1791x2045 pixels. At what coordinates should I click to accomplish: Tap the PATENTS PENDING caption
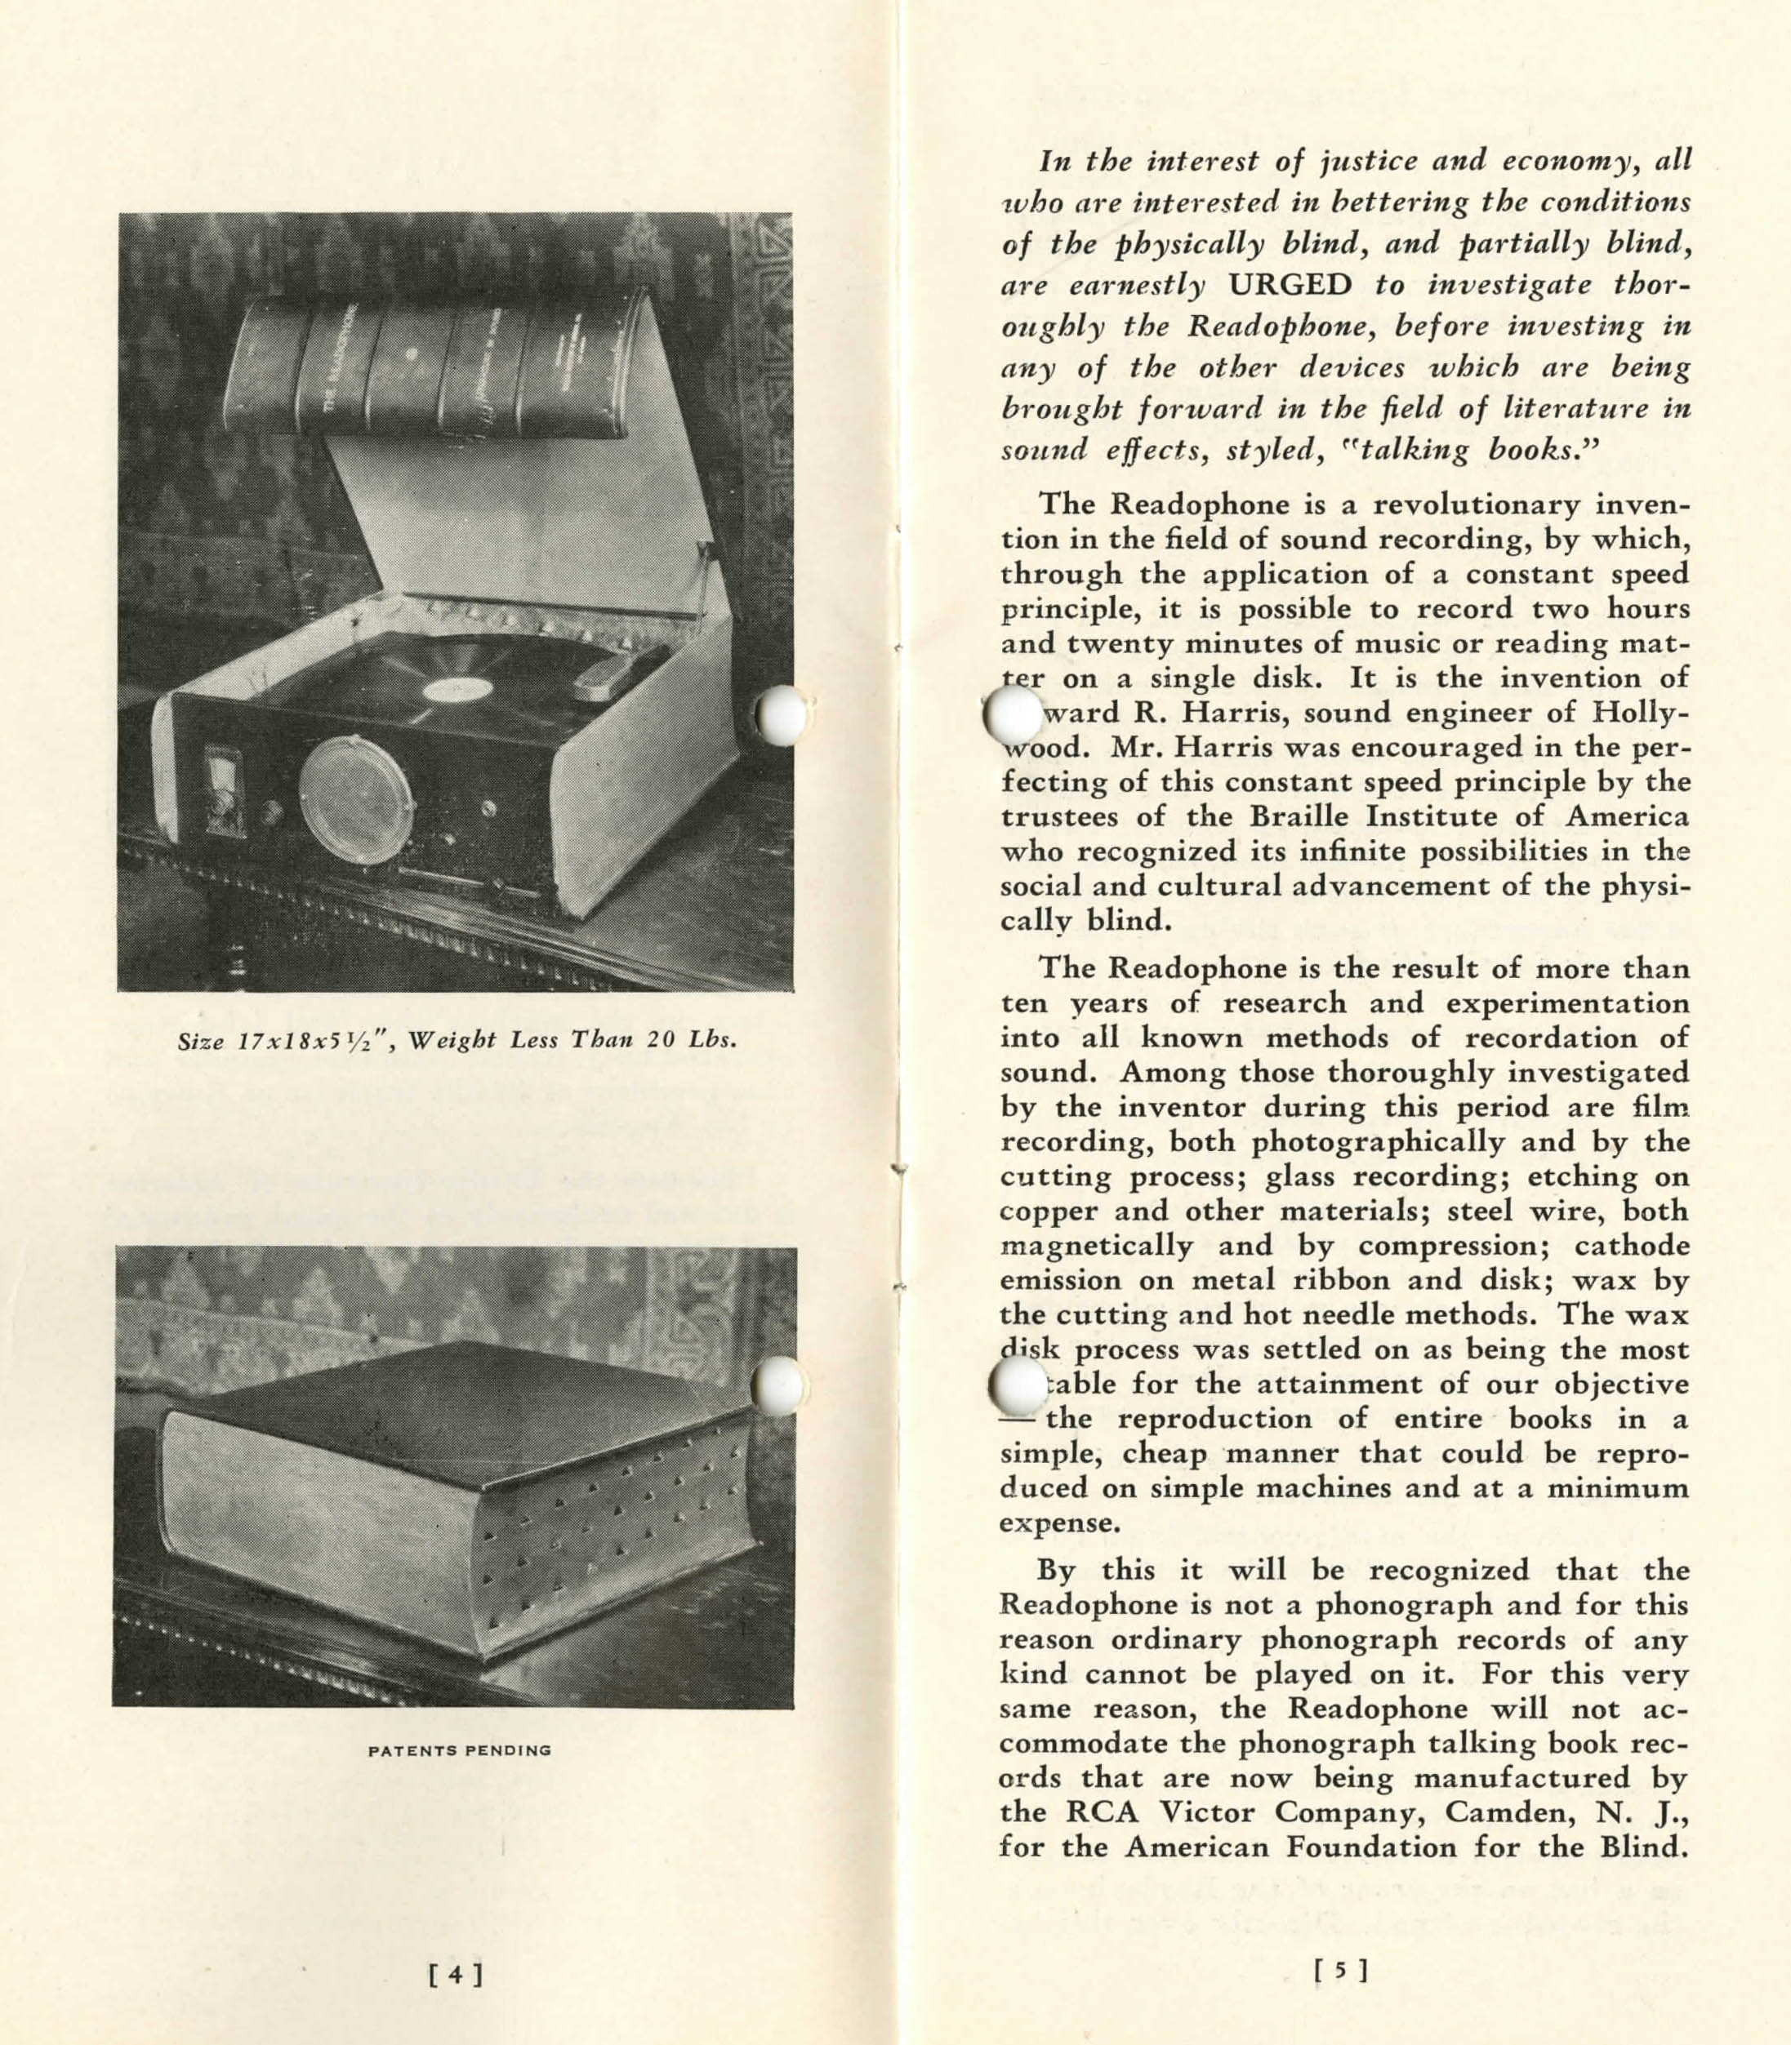point(460,1750)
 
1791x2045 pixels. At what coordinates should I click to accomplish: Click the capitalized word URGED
point(1290,286)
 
